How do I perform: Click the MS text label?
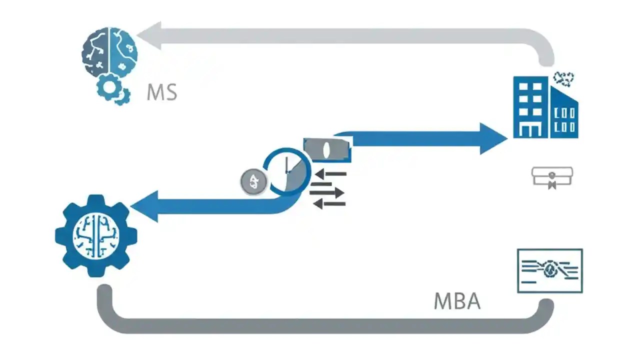point(162,92)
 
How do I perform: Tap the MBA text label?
point(457,301)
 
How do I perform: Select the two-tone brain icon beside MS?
point(109,52)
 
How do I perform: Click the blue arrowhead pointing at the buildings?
point(492,138)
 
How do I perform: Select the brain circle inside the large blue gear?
point(96,235)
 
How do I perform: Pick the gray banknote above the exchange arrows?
point(327,150)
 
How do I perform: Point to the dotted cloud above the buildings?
point(563,78)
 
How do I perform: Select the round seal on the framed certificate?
point(550,270)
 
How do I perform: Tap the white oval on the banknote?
point(326,150)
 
